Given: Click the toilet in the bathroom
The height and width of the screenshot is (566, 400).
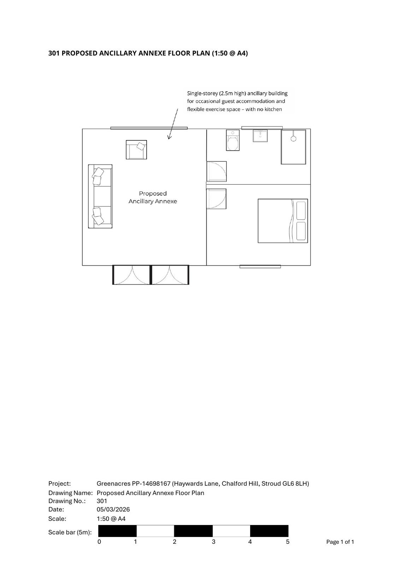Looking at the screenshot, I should click(233, 141).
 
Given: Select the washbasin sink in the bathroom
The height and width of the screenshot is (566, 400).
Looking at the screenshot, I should click(260, 135).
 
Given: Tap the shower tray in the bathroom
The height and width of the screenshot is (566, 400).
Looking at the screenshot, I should click(293, 147).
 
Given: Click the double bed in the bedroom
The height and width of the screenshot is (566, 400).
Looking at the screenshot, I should click(283, 221).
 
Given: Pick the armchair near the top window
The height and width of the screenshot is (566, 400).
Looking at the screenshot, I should click(136, 150).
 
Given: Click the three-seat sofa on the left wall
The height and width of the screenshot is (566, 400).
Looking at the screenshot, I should click(100, 196).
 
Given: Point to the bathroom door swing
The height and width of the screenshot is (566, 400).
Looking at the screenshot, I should click(217, 172).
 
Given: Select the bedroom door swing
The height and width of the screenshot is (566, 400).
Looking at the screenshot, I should click(216, 198).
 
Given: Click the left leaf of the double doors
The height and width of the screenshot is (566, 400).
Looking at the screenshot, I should click(132, 275).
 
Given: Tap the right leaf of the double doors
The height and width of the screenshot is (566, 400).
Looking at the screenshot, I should click(170, 275).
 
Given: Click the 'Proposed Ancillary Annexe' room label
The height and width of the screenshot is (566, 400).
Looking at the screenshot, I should click(153, 197).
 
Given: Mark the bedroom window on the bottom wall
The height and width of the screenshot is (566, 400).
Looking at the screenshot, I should click(260, 266).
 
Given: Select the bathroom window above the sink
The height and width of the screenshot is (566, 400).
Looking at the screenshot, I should click(262, 128).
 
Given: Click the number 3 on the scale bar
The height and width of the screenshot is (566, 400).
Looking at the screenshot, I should click(213, 542).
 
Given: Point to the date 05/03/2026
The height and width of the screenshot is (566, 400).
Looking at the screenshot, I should click(113, 509).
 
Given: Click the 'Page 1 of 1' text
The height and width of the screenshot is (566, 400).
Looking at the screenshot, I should click(340, 542).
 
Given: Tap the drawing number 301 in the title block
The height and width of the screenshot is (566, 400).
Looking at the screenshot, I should click(102, 501).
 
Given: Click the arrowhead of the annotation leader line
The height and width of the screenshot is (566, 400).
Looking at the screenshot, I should click(169, 138).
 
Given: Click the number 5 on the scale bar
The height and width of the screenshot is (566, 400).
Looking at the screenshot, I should click(288, 542).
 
